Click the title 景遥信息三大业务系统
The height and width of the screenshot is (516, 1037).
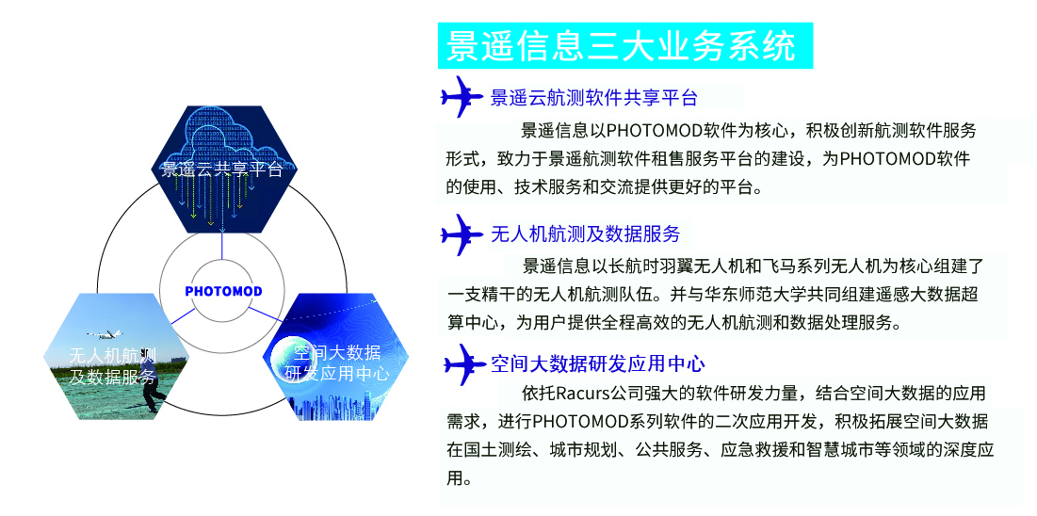tap(621, 45)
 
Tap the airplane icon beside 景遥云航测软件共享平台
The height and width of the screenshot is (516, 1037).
tap(462, 97)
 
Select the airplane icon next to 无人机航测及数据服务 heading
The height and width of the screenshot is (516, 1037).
tap(462, 234)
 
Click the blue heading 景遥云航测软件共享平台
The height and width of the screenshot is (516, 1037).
tap(594, 99)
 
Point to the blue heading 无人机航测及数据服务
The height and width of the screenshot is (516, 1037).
tap(585, 234)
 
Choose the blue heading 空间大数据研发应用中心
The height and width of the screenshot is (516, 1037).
tap(598, 363)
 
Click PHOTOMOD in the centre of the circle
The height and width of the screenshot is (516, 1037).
tap(223, 291)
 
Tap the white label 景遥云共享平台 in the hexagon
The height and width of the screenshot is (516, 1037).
tap(222, 170)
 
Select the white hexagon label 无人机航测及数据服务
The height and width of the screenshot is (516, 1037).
tap(113, 365)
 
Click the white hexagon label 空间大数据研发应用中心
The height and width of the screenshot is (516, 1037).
tap(336, 363)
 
